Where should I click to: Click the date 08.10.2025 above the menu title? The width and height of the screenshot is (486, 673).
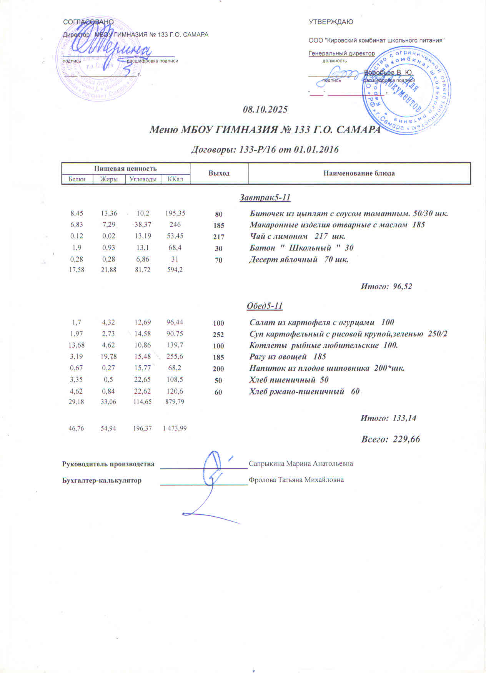[x=265, y=109]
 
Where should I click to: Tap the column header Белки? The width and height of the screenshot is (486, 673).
[x=77, y=179]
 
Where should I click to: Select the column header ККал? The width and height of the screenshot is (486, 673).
[x=175, y=179]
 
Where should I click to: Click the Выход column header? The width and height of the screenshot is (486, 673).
[x=219, y=173]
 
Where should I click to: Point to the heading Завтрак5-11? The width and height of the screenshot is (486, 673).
[x=265, y=198]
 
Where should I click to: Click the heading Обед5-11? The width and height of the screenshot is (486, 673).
[x=265, y=306]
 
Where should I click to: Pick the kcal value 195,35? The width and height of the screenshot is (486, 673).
[x=175, y=213]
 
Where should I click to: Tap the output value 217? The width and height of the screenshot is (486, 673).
[x=218, y=237]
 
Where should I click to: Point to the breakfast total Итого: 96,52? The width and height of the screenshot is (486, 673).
[x=386, y=286]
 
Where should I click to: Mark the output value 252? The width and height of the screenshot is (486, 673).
[x=218, y=335]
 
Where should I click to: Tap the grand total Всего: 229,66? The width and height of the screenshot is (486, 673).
[x=390, y=439]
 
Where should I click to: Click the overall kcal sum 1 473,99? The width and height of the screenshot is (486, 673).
[x=175, y=428]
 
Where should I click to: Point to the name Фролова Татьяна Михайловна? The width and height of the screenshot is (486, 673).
[x=296, y=480]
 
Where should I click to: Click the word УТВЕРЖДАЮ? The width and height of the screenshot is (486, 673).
[x=331, y=22]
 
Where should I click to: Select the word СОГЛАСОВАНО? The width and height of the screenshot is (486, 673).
[x=88, y=22]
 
